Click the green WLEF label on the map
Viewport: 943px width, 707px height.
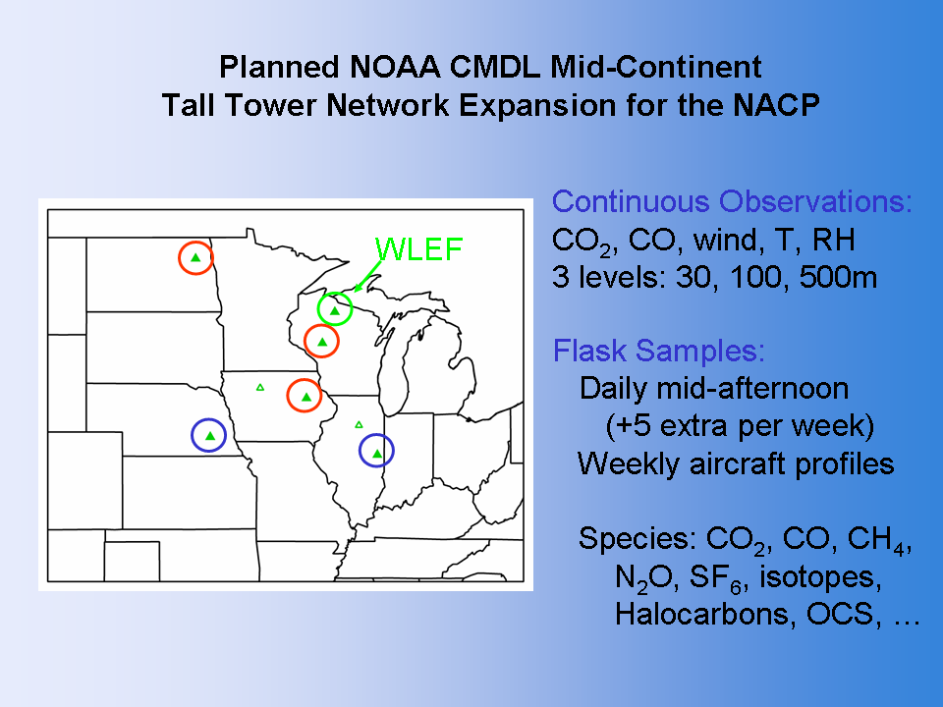418,248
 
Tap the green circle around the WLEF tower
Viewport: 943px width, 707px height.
318,308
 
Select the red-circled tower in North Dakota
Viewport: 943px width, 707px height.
195,257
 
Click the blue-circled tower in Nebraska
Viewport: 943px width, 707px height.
208,435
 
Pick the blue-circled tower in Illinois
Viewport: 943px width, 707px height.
376,451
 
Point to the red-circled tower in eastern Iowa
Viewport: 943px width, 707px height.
305,396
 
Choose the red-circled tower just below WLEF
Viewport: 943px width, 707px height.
322,341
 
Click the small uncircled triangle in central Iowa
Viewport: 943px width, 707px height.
259,387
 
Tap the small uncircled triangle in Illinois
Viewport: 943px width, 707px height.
360,424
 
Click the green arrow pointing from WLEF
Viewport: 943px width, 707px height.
367,276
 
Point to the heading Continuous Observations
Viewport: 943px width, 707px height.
732,202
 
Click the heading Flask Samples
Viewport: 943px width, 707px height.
658,351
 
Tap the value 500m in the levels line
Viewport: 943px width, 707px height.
838,277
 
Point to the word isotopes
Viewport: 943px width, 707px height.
820,576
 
